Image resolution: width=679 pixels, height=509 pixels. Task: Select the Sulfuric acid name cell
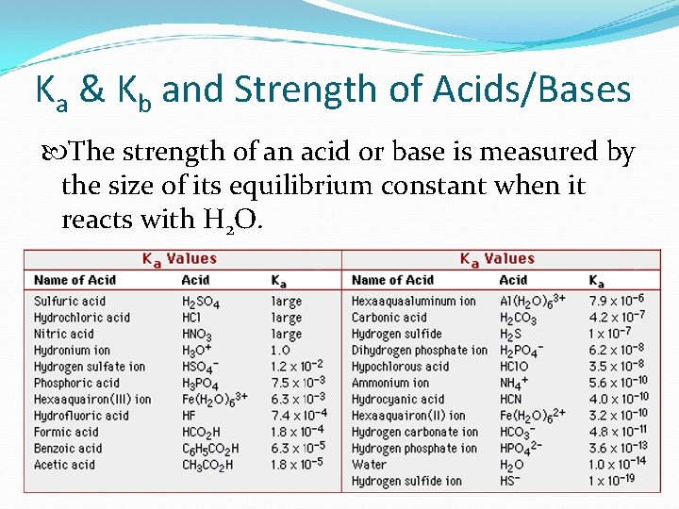pos(71,302)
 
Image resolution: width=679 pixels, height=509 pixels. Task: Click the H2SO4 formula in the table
pos(201,303)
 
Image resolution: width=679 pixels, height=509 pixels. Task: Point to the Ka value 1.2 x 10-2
pos(298,367)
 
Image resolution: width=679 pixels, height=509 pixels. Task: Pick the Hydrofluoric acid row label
pos(81,416)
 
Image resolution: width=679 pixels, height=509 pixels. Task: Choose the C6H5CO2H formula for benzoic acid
pos(210,449)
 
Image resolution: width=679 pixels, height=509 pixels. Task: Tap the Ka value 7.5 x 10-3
pos(298,384)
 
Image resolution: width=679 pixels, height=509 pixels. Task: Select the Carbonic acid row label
pos(389,318)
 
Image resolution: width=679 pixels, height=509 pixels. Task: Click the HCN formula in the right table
pos(511,400)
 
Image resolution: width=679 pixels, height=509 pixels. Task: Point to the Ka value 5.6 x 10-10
pos(619,383)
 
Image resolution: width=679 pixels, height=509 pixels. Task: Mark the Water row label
pos(369,465)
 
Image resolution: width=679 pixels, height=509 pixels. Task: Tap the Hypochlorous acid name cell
pos(400,367)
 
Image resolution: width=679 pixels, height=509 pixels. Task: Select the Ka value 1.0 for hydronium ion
pos(281,351)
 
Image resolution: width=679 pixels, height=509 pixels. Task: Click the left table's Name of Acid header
pos(75,280)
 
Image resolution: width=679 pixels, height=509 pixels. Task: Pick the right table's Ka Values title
pos(497,258)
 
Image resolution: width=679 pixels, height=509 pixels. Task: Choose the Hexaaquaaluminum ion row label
pos(413,302)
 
